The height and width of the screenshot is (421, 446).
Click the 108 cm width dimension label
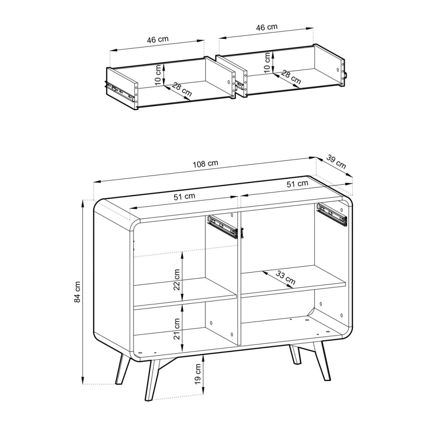[206, 164]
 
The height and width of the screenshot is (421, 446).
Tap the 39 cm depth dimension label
[336, 162]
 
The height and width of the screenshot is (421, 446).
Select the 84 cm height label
[78, 292]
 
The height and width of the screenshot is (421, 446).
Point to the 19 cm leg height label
[198, 373]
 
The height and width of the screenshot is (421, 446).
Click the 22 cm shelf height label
[177, 279]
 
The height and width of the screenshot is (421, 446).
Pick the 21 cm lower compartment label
[177, 329]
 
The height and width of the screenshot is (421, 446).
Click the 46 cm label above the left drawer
[158, 39]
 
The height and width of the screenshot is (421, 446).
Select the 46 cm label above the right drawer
[267, 27]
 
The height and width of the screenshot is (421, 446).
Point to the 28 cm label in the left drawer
[182, 89]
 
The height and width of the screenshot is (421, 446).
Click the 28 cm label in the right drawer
[291, 77]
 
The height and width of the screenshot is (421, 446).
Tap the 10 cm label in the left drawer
[158, 75]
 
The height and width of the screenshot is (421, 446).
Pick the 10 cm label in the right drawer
[267, 62]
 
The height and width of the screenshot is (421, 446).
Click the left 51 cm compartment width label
[185, 197]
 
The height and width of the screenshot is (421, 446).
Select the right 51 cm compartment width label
[297, 183]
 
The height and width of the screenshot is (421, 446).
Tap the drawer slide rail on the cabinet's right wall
[332, 214]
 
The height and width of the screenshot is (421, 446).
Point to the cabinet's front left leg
[152, 380]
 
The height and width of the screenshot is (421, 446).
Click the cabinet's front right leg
[322, 361]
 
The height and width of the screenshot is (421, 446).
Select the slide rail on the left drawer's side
[119, 92]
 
